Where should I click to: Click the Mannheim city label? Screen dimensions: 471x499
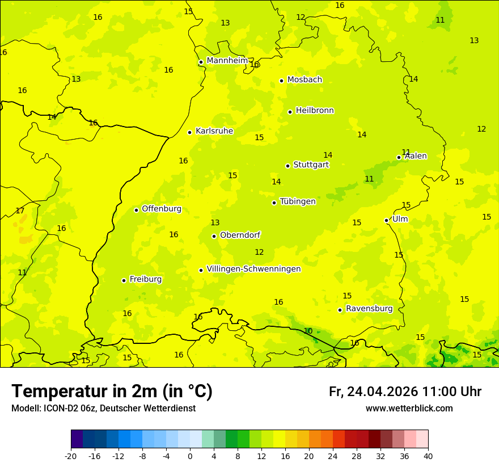[x=227, y=61]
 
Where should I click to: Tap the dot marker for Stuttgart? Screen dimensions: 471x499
[x=287, y=166]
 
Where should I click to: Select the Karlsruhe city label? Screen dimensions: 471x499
[x=214, y=131]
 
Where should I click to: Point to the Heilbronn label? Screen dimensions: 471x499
[x=315, y=111]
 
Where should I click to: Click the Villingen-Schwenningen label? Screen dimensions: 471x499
[x=253, y=269]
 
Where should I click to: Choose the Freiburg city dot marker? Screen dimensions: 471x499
[x=124, y=280]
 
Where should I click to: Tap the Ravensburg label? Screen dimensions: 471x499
[x=369, y=309]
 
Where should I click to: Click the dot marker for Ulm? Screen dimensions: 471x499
[x=386, y=220]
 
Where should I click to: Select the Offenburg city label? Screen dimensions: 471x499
[x=162, y=209]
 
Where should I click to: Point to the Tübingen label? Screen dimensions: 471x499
[x=298, y=201]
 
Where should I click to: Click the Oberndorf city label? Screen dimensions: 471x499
[x=240, y=235]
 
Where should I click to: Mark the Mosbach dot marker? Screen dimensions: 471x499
[x=281, y=81]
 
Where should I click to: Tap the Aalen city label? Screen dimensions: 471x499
[x=416, y=156]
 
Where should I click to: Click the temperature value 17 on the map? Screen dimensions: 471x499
[x=20, y=211]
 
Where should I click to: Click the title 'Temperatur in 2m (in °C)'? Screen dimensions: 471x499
[x=112, y=392]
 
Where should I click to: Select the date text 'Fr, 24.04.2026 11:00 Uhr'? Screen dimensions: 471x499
[x=405, y=392]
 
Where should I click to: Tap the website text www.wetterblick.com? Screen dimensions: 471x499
[x=409, y=409]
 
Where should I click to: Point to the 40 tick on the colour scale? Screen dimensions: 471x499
[x=428, y=456]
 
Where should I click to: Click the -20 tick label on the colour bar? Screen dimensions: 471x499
[x=71, y=456]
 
